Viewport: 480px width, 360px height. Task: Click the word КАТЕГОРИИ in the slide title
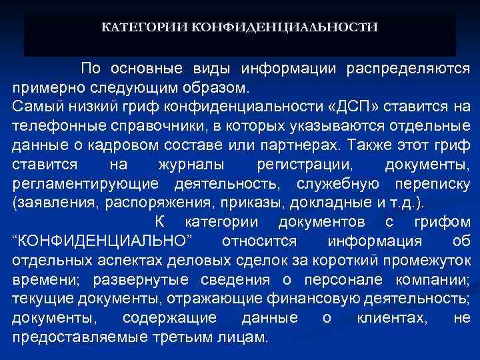click(x=144, y=27)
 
